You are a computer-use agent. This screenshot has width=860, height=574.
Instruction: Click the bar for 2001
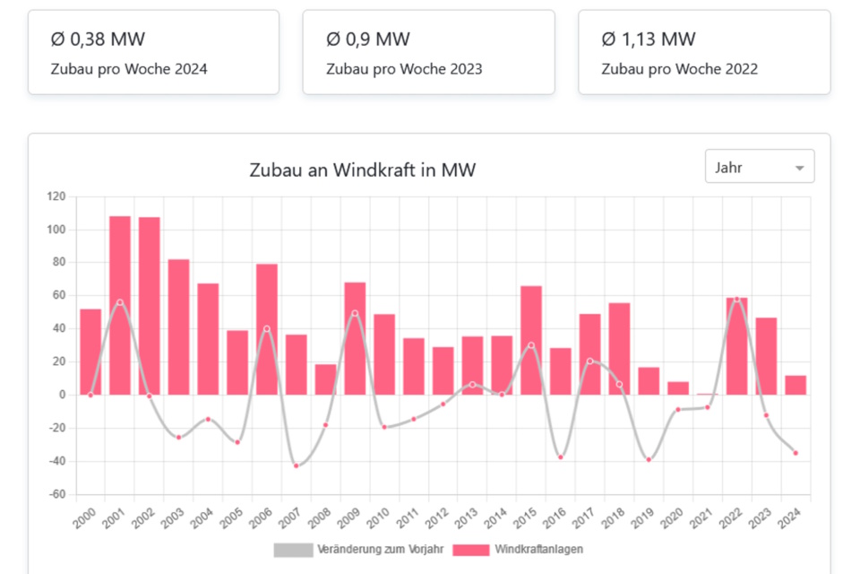tap(120, 305)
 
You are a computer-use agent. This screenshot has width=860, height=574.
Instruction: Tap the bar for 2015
tap(531, 340)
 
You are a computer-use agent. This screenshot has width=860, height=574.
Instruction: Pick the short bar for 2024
tap(795, 385)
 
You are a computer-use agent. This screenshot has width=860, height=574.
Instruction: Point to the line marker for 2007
tap(297, 465)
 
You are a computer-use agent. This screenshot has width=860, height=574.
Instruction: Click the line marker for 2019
tap(649, 459)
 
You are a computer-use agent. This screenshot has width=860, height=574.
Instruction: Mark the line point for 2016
tap(561, 457)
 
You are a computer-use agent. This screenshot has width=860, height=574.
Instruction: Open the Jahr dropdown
tap(760, 168)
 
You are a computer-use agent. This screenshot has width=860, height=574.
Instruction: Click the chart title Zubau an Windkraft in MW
tap(362, 170)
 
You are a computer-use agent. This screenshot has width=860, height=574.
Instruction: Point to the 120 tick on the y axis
tap(56, 196)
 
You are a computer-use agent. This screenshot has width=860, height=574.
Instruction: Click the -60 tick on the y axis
tap(56, 494)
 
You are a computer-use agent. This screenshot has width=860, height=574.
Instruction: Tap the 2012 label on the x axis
tap(437, 517)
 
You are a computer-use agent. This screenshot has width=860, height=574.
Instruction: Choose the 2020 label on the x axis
tap(672, 517)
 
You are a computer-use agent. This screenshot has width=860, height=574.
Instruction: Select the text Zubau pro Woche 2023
tap(404, 69)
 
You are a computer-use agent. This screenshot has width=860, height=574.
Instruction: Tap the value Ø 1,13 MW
tap(649, 39)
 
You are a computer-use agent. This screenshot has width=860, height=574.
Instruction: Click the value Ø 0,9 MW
tap(368, 39)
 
